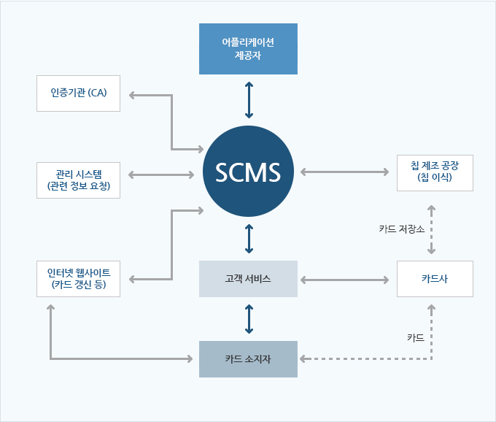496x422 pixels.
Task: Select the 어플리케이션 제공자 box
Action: (249, 49)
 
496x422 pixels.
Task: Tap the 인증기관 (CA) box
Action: (78, 94)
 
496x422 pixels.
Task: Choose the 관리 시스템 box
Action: (78, 180)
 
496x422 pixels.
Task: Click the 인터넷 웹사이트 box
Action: (78, 279)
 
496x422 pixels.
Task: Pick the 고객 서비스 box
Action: (249, 279)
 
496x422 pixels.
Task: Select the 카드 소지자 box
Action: (249, 358)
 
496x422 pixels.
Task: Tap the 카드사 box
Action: (435, 279)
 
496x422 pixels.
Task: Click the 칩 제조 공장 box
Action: (435, 172)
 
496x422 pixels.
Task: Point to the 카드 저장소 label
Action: (401, 229)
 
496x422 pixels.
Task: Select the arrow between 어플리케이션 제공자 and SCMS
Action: (249, 99)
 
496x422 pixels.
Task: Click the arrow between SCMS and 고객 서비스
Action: (249, 239)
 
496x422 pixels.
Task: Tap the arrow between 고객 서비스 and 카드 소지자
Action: (249, 318)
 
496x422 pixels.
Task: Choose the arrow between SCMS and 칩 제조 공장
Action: (344, 172)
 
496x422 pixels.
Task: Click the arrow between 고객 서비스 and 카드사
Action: (344, 280)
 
